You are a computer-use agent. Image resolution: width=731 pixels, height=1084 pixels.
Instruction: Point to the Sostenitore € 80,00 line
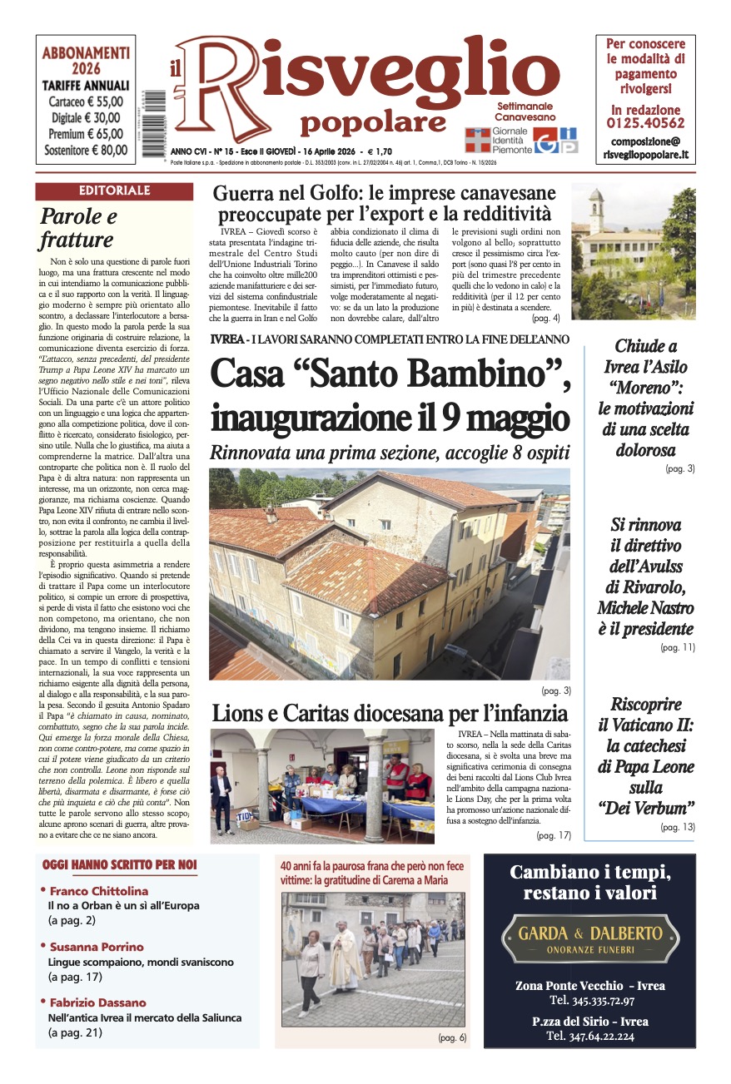point(86,151)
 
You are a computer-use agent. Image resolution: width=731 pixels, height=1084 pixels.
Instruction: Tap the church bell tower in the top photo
point(596,211)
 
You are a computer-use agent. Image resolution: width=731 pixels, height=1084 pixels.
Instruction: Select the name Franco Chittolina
point(98,891)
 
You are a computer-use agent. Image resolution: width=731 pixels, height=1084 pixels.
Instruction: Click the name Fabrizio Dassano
point(97,1002)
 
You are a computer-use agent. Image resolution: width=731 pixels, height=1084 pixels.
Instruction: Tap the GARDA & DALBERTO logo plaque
point(589,938)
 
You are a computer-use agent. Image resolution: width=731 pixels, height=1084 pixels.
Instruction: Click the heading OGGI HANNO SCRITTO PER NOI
point(119,866)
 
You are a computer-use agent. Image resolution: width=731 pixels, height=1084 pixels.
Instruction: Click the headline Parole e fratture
point(78,229)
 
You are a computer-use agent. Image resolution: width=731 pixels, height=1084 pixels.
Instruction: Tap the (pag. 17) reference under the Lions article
point(554,835)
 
